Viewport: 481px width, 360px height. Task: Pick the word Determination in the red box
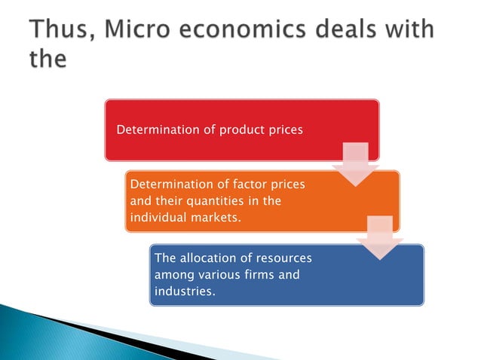(156, 130)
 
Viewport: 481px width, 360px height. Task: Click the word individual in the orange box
(160, 218)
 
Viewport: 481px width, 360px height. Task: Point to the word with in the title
(412, 31)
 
